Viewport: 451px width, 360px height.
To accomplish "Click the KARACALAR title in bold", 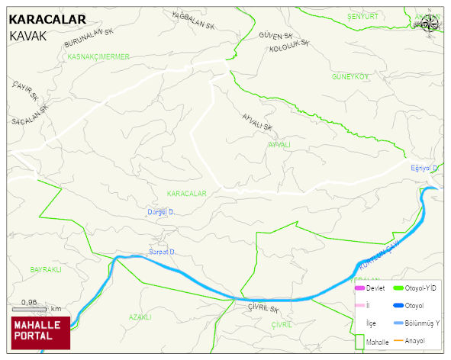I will tap(47, 20).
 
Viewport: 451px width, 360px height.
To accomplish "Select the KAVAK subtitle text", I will tap(27, 36).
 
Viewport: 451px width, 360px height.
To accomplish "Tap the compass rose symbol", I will tap(430, 24).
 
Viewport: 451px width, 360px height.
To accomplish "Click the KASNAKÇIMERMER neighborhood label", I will tap(98, 56).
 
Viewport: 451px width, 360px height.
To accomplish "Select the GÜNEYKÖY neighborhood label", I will tap(350, 77).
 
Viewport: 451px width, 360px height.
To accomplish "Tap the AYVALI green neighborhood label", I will tap(279, 144).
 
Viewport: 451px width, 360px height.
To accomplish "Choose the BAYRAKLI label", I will tap(45, 270).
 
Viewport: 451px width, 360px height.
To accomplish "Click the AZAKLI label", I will tap(140, 317).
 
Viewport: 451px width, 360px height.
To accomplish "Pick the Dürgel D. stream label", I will tap(161, 212).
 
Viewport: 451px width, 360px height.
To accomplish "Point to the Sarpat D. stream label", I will tap(162, 252).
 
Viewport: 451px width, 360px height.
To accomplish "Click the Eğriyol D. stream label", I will tap(424, 168).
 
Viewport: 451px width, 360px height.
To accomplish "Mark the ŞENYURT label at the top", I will tap(362, 16).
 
